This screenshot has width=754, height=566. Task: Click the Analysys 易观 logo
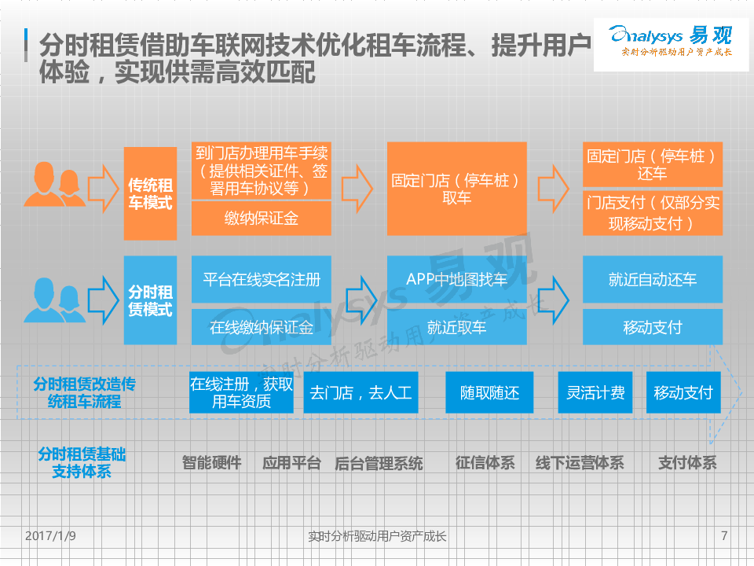(x=671, y=44)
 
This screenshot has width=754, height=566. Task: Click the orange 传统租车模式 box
(x=150, y=194)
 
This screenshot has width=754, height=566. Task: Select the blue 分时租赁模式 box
(x=150, y=300)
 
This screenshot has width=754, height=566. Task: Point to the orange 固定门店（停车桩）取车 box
(x=456, y=189)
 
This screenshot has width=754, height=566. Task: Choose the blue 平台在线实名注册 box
(x=262, y=280)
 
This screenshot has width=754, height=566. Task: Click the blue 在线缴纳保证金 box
(x=262, y=327)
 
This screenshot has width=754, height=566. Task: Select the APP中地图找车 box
(x=456, y=280)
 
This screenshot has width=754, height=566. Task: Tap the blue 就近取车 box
(x=456, y=327)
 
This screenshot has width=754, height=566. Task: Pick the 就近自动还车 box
(x=652, y=280)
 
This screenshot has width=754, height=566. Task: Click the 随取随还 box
(x=490, y=392)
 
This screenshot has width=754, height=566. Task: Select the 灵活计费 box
(x=595, y=392)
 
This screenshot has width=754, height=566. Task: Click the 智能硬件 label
(x=211, y=463)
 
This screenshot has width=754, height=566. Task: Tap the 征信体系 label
(x=485, y=463)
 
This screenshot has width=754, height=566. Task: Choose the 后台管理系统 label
(x=379, y=463)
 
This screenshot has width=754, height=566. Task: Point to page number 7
(x=723, y=536)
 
